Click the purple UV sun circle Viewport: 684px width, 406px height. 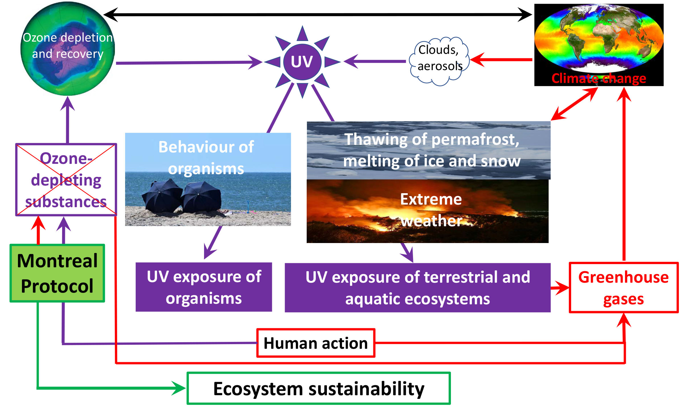click(302, 62)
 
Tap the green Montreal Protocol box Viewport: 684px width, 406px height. click(57, 273)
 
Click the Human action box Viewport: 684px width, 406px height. click(316, 343)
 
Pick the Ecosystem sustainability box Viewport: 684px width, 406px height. click(319, 388)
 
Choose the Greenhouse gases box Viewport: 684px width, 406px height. click(624, 287)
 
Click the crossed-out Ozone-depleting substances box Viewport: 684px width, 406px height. click(66, 180)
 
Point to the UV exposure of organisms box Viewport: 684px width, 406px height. click(204, 287)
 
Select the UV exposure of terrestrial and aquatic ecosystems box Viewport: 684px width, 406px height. click(418, 287)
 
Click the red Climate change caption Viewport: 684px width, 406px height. click(599, 78)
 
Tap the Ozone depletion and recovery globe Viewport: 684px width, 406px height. click(68, 49)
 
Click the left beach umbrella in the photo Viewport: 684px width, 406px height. click(162, 196)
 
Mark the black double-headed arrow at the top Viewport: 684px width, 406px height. click(317, 15)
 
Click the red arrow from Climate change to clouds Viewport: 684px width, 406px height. click(501, 60)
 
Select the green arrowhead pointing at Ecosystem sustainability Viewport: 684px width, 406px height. click(179, 388)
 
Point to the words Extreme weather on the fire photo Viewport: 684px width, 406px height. click(431, 210)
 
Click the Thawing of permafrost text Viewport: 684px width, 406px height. click(432, 139)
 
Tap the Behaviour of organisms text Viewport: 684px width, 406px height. click(206, 158)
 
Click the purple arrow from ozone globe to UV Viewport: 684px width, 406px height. click(189, 62)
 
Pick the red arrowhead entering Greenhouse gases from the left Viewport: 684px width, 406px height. click(561, 288)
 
